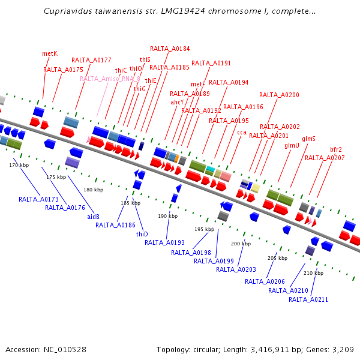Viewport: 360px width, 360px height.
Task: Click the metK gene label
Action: [50, 53]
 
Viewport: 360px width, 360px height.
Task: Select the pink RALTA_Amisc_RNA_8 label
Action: [110, 79]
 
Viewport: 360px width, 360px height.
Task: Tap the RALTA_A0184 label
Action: [170, 49]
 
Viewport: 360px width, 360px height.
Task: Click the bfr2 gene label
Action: [336, 149]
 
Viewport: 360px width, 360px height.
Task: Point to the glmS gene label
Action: [308, 139]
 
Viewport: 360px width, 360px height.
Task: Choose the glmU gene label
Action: [292, 145]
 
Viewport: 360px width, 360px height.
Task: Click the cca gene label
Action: [242, 132]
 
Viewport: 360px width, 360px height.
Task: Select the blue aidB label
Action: [93, 216]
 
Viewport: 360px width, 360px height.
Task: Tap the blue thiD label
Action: [142, 234]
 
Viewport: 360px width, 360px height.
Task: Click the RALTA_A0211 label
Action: [308, 299]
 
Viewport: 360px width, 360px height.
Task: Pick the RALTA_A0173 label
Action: [38, 199]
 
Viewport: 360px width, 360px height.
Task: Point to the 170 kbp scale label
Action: [19, 165]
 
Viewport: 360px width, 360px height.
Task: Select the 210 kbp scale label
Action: [313, 273]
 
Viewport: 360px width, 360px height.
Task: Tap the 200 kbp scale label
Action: [241, 244]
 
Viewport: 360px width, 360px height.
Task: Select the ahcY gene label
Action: [177, 102]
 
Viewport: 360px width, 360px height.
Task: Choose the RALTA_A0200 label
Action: [279, 95]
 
